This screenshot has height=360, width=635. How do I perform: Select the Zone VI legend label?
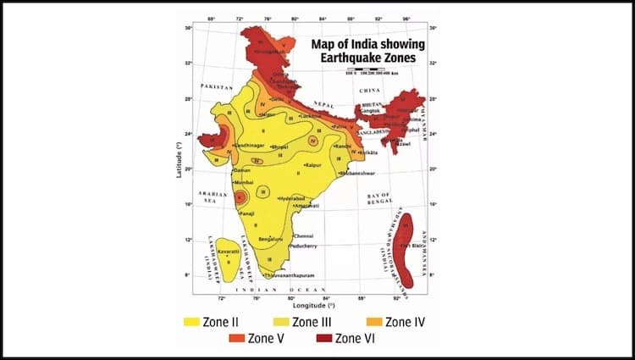tap(356, 340)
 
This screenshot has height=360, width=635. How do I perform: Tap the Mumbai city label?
tap(245, 181)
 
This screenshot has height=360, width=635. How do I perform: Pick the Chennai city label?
tap(304, 235)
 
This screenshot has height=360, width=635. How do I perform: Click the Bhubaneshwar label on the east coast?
tap(357, 174)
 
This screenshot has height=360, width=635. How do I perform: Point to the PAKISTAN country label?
tap(217, 87)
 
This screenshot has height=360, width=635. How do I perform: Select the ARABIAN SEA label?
tap(213, 196)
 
